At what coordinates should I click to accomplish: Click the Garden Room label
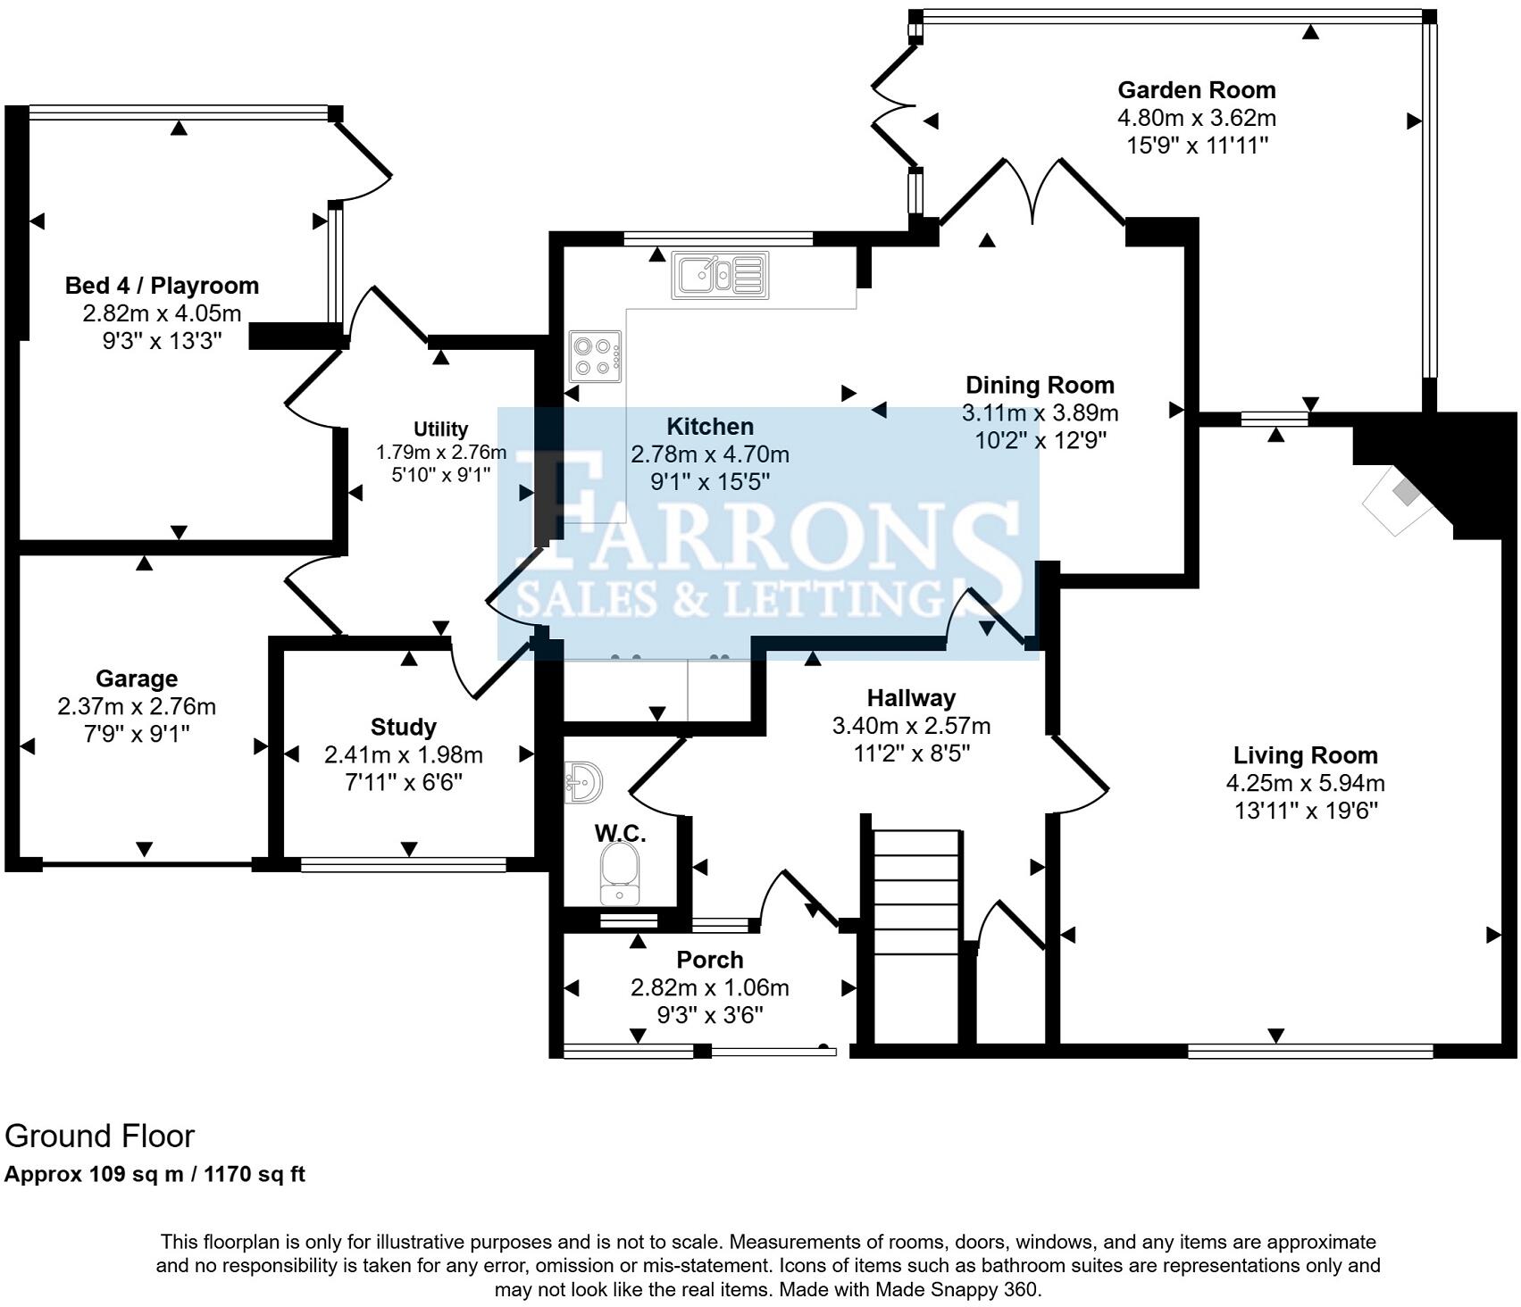[x=1196, y=90]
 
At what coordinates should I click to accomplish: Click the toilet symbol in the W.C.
[x=618, y=873]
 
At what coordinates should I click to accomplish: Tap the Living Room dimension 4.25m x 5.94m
[x=1305, y=784]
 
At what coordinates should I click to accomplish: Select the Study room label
[x=403, y=727]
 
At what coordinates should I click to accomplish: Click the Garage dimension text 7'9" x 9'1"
[x=137, y=734]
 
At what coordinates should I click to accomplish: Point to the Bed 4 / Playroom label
[x=162, y=286]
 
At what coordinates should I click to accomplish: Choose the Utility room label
[x=440, y=429]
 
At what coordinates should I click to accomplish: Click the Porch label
[x=709, y=960]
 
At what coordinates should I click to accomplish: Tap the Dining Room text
[x=1040, y=386]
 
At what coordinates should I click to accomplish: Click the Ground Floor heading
[x=99, y=1136]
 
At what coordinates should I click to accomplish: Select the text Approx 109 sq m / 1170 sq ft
[x=155, y=1175]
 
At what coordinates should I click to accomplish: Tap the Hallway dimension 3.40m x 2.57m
[x=911, y=726]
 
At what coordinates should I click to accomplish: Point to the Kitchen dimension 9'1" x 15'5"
[x=709, y=482]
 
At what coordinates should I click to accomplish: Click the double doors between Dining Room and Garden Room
[x=1032, y=192]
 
